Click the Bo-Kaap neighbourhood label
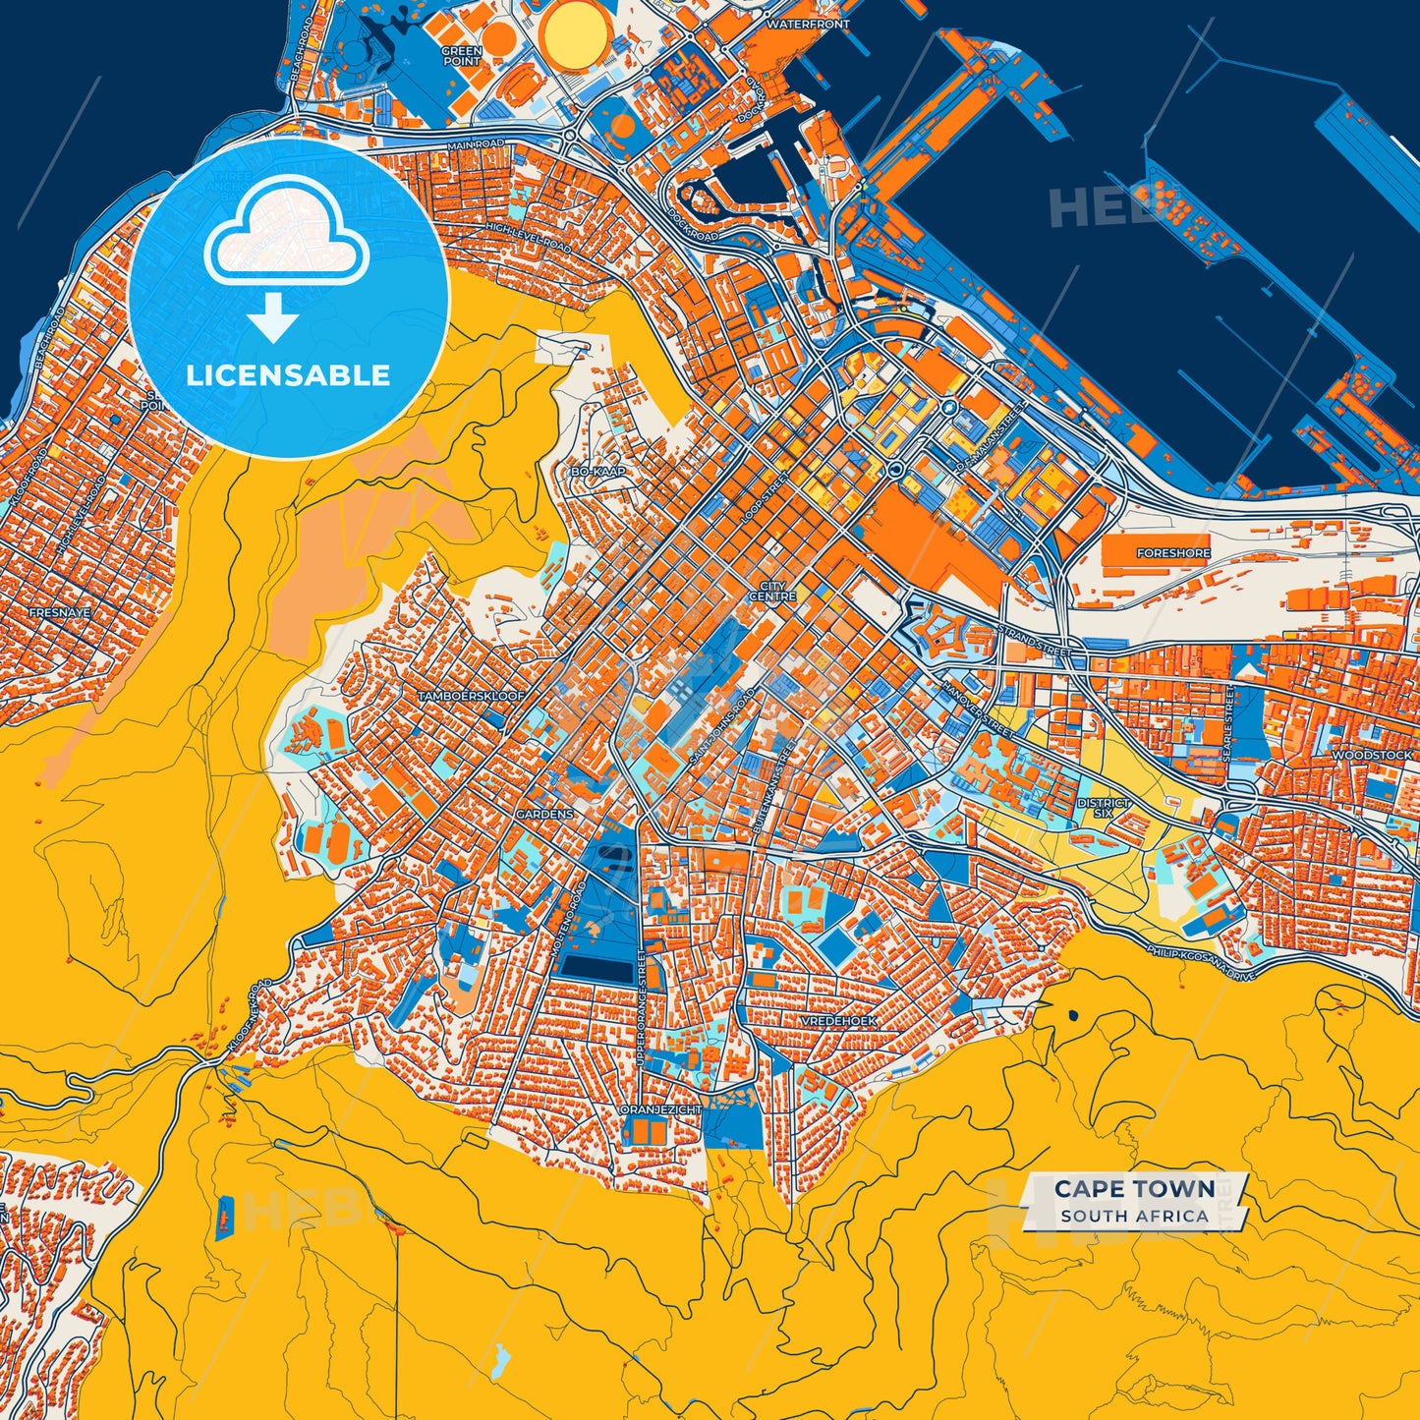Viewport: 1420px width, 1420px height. pos(598,472)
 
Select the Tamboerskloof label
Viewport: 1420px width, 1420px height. pos(472,696)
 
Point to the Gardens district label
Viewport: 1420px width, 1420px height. pos(544,815)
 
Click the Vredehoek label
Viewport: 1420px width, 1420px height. pos(838,1021)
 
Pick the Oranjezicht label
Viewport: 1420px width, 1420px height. pos(661,1109)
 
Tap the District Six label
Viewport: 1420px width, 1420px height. pos(1104,808)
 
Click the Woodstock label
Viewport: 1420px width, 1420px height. pos(1372,756)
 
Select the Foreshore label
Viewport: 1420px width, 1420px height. pos(1173,553)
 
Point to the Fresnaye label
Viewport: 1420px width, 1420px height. pos(60,612)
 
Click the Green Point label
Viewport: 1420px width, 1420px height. pos(461,56)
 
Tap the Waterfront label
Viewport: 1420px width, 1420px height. pos(808,24)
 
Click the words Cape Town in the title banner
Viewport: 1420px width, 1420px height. pos(1134,1189)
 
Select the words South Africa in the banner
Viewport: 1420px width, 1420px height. pos(1134,1217)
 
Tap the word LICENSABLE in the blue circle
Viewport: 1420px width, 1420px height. pos(288,375)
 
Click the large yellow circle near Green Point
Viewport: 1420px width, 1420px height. pos(575,31)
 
